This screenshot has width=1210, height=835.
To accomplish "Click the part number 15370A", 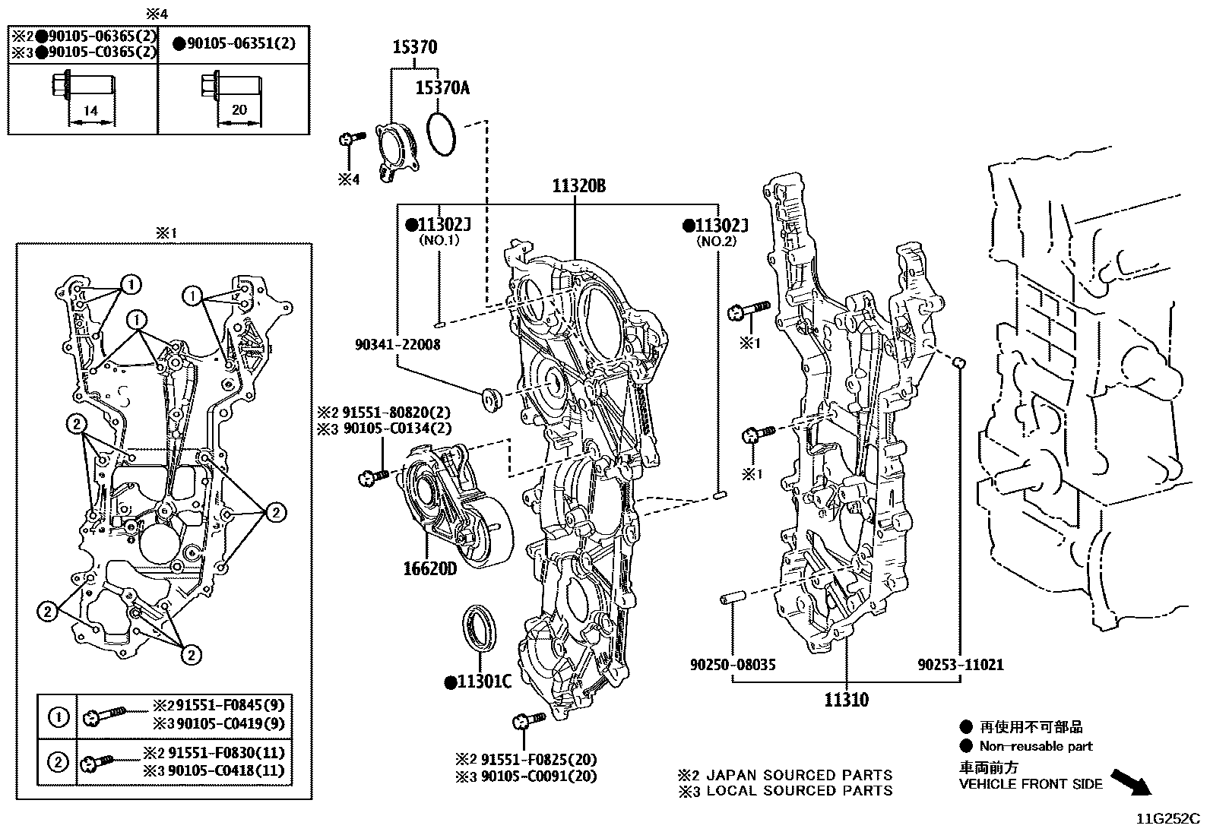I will point(442,88).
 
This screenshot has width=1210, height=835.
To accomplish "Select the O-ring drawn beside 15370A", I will point(442,134).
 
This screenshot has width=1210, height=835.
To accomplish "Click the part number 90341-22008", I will point(398,345).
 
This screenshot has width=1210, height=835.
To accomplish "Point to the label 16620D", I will point(429,568).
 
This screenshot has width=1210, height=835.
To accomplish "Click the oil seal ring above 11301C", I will point(480,628).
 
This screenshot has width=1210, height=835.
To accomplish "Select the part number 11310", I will point(846,699).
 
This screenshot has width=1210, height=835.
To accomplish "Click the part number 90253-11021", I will point(960,665).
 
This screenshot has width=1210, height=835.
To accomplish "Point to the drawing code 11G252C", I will point(1167,819).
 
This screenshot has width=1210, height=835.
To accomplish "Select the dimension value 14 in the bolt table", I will point(90,111).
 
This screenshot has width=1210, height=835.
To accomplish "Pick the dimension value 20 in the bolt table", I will point(239,110).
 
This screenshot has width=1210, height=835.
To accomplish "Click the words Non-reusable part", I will point(1035,746).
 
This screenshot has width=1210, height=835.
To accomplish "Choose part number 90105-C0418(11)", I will point(226,770).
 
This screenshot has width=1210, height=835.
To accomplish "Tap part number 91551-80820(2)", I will point(396,413).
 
